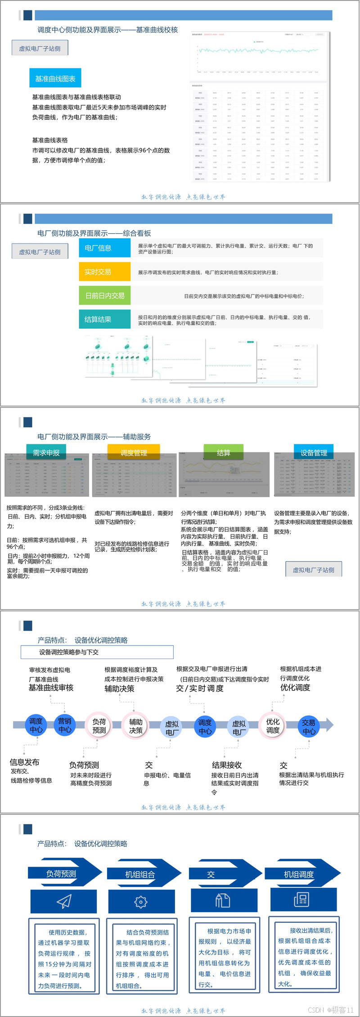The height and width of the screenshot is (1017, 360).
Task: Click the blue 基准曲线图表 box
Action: [x=55, y=79]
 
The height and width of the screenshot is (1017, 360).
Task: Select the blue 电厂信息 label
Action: [x=104, y=248]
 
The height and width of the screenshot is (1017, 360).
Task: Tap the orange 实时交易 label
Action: [x=104, y=272]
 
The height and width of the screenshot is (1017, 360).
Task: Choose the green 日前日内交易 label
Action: [x=104, y=296]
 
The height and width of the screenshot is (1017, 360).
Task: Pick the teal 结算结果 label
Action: [x=104, y=319]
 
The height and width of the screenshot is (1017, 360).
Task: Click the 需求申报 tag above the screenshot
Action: [x=46, y=453]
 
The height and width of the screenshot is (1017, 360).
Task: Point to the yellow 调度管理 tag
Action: [x=134, y=453]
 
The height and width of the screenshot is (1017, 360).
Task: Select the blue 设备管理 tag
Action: [x=314, y=453]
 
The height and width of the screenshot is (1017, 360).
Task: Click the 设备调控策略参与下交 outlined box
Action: [x=97, y=652]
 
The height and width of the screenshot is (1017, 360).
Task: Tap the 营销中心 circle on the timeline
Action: [x=65, y=725]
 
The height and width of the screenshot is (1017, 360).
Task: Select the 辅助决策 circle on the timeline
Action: [x=136, y=726]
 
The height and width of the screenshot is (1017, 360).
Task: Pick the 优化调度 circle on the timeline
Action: [x=273, y=725]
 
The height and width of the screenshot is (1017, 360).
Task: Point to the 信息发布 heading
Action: [x=25, y=762]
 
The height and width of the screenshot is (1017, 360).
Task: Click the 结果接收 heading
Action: [x=227, y=765]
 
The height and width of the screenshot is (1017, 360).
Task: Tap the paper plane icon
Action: [x=64, y=901]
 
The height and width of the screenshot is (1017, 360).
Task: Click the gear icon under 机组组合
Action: [x=141, y=901]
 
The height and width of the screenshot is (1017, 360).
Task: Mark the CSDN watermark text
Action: [x=331, y=1010]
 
